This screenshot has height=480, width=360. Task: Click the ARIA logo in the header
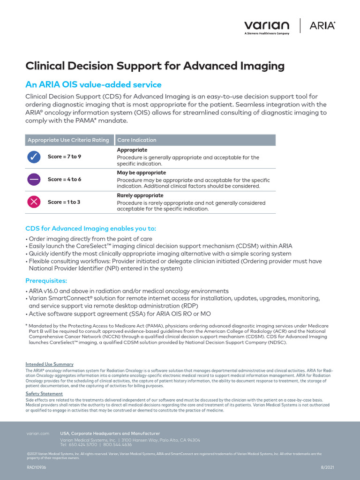(322, 26)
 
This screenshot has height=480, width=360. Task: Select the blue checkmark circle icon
(34, 157)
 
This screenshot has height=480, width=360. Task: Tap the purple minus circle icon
(34, 180)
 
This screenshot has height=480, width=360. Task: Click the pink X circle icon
(34, 202)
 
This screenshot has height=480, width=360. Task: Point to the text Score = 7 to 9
(64, 157)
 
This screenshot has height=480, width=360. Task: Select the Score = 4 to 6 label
(64, 179)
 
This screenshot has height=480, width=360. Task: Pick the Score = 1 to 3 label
(64, 202)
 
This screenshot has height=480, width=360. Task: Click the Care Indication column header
(137, 140)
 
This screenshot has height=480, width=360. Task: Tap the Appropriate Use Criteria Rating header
(68, 140)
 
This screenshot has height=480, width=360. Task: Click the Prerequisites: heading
(46, 281)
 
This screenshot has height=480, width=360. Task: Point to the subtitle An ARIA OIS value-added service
(93, 85)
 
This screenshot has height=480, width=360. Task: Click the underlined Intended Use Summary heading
(49, 364)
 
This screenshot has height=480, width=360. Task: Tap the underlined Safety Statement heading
(44, 394)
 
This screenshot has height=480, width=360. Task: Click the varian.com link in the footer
(38, 434)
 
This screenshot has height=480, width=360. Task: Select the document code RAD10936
(37, 467)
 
